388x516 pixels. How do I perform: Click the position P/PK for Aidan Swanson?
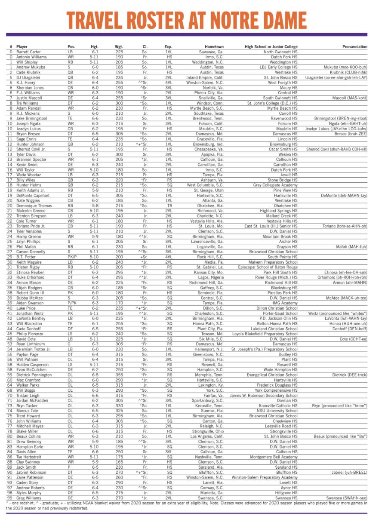pos(72,315)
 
